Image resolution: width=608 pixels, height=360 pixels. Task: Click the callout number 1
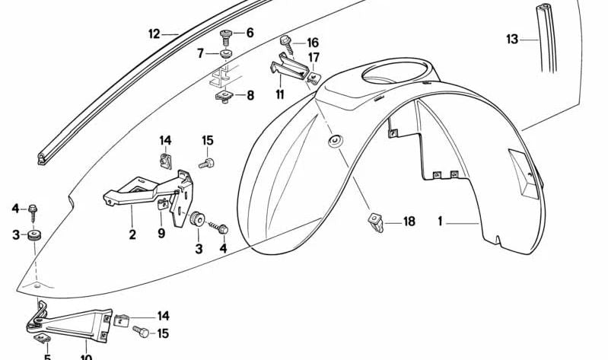(440, 222)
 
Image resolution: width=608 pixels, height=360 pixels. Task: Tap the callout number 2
(132, 234)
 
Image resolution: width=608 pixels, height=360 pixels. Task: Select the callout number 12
(154, 33)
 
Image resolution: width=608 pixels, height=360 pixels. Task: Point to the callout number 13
(511, 38)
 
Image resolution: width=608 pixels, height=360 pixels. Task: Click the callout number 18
(409, 221)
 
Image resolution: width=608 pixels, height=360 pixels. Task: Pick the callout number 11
(280, 94)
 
